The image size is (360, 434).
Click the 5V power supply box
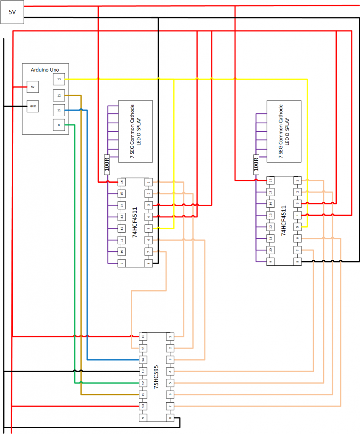tap(12, 12)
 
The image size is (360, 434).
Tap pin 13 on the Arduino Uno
tap(59, 79)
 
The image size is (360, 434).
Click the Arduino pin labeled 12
tap(59, 95)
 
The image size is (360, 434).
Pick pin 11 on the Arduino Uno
tap(59, 110)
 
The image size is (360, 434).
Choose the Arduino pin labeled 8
tap(59, 125)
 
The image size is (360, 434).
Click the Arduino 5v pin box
tap(33, 87)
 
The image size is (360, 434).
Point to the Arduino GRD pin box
tap(33, 106)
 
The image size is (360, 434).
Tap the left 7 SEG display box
tap(135, 131)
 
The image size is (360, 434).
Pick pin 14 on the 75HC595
tap(143, 359)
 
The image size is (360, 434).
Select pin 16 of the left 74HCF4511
tap(122, 182)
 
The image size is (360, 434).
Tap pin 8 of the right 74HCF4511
tap(297, 262)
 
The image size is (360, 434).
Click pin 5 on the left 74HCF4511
tap(149, 228)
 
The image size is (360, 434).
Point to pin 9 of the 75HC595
tap(143, 417)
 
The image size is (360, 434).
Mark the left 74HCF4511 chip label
tap(135, 223)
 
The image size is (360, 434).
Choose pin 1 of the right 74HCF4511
tap(297, 181)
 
